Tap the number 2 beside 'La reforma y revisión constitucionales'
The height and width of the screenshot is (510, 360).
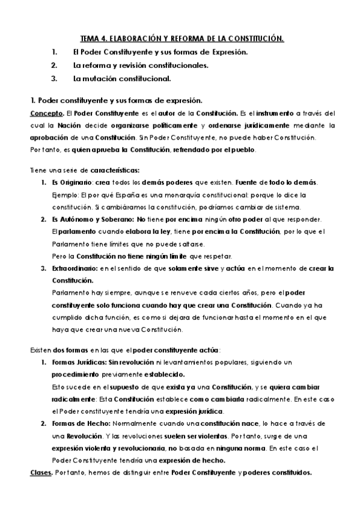click(x=54, y=65)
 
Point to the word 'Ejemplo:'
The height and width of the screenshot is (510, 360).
click(x=66, y=195)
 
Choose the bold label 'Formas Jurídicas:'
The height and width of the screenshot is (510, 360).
click(x=79, y=362)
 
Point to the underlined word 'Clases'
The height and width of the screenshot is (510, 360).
click(x=40, y=472)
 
